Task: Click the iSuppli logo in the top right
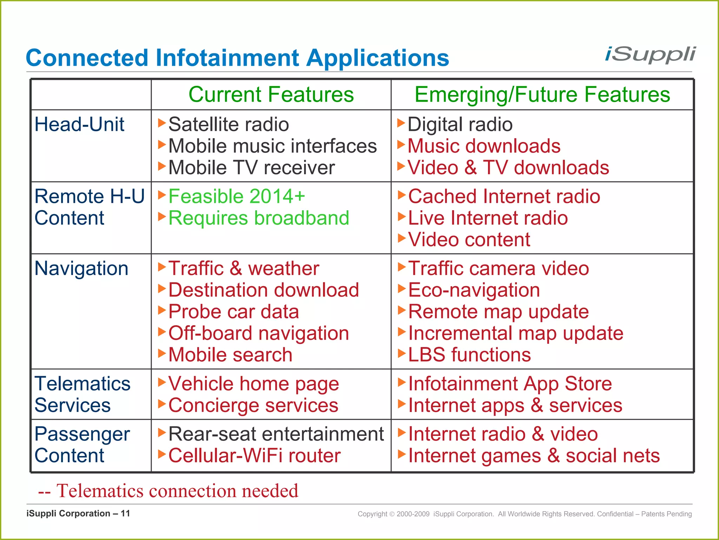650,55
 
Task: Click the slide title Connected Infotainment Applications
237,58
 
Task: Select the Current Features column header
271,95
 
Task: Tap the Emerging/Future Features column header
542,95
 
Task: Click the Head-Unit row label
79,124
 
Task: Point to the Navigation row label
81,269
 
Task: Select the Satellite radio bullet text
229,124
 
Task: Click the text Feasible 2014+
237,196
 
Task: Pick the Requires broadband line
259,218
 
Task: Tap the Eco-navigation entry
474,290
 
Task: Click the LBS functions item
469,355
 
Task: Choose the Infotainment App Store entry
510,384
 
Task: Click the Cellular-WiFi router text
255,456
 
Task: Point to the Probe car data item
233,312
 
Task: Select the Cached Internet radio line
504,196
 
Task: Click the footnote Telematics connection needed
169,491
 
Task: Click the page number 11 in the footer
125,514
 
